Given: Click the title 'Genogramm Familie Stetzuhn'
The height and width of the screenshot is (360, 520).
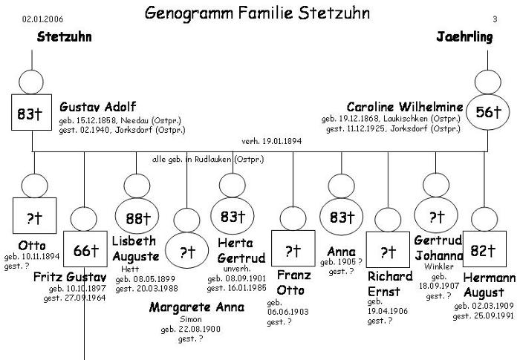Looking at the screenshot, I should click(257, 13).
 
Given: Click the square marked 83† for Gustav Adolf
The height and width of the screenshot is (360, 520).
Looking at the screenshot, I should click(32, 114).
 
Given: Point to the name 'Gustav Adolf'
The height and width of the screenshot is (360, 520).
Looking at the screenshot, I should click(97, 107).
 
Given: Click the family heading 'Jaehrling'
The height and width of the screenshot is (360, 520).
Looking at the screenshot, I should click(465, 38).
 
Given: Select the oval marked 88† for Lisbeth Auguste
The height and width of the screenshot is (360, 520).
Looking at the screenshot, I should click(137, 218).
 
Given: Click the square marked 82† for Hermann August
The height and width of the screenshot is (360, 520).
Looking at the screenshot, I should click(484, 251).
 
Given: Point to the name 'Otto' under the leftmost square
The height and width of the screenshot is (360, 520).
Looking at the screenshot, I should click(31, 246).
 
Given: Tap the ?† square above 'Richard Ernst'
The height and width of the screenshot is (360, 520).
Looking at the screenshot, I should click(387, 252).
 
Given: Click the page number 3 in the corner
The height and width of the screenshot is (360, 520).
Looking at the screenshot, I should click(495, 19).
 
